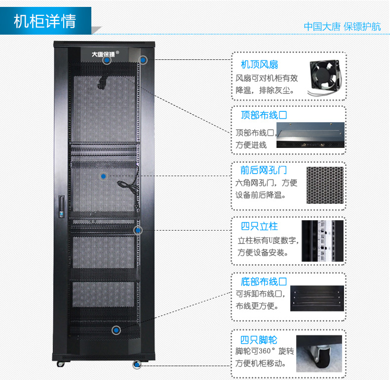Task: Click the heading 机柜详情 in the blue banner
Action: tap(45, 21)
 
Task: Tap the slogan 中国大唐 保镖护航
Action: tap(342, 27)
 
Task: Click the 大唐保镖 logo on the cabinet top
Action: tap(104, 54)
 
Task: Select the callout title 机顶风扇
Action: tap(259, 65)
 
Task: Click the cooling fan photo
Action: tap(324, 77)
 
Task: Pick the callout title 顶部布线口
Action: tap(264, 115)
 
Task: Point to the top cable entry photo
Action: tap(311, 135)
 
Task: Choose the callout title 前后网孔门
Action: tap(264, 170)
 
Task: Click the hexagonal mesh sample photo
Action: tap(325, 185)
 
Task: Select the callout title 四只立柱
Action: tap(259, 226)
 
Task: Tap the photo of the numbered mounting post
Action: tap(322, 241)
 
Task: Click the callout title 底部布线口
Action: tap(264, 282)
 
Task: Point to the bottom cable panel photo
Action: tap(317, 298)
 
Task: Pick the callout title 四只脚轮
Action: tap(259, 339)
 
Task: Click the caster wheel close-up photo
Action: tap(319, 354)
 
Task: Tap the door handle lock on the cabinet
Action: tap(61, 207)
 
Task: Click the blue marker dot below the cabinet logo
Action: tap(107, 60)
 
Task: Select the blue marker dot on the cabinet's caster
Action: tap(137, 365)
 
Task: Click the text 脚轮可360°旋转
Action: tap(265, 351)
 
